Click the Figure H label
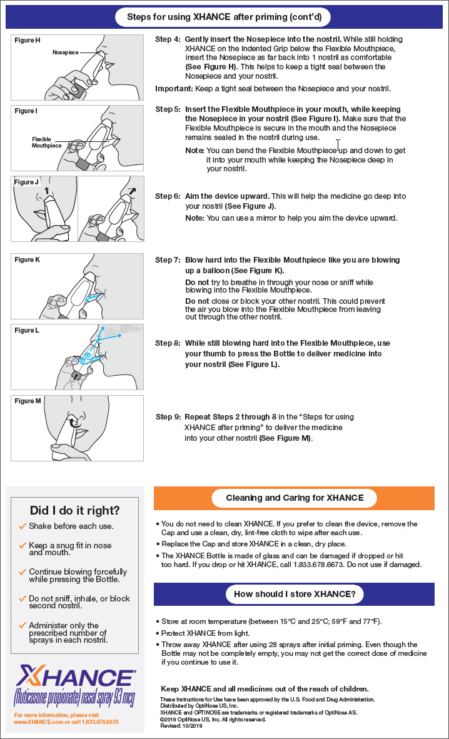click(28, 41)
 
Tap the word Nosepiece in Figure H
click(66, 53)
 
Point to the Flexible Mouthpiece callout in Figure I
click(47, 142)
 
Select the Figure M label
click(28, 401)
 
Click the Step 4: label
click(168, 39)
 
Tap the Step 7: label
click(168, 260)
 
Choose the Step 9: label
click(168, 417)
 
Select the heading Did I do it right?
click(75, 510)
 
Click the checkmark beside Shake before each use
click(23, 526)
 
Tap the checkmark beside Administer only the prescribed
click(23, 625)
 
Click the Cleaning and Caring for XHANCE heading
click(295, 498)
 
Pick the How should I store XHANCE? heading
click(295, 593)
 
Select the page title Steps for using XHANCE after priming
click(224, 17)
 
